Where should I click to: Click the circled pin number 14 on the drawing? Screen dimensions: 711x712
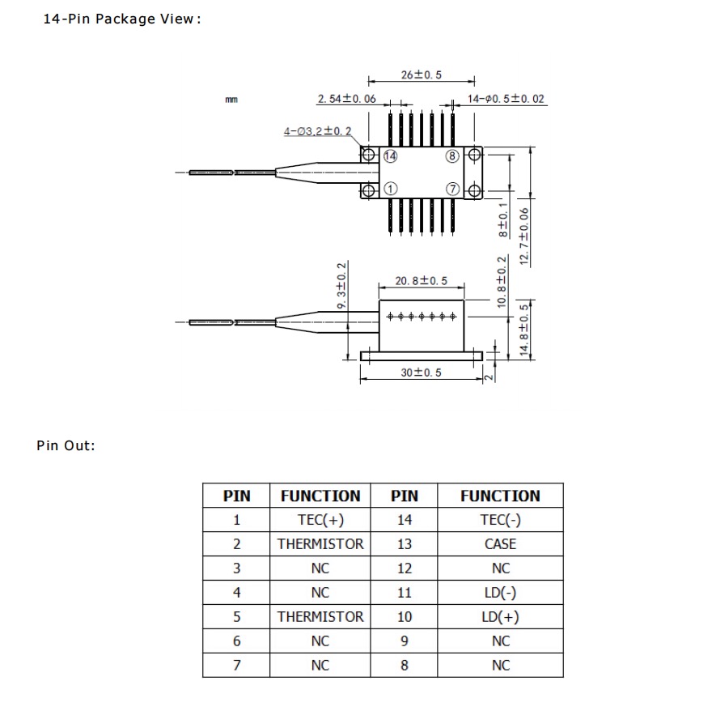click(x=390, y=155)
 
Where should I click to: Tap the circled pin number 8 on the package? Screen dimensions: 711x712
click(x=451, y=155)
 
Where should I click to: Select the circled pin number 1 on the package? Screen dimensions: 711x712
click(x=390, y=189)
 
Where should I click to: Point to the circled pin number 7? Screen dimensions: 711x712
click(x=451, y=189)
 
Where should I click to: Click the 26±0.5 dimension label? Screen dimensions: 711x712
click(x=422, y=75)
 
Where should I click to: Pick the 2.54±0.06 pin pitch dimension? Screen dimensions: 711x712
click(x=346, y=99)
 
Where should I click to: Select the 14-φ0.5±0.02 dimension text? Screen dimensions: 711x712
click(x=506, y=99)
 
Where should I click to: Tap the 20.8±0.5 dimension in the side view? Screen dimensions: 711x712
click(x=421, y=281)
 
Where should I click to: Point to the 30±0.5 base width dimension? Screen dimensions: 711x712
click(x=421, y=373)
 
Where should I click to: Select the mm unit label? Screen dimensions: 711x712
click(x=231, y=100)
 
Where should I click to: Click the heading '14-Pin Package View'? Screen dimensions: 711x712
click(x=121, y=19)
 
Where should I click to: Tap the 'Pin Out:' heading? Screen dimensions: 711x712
click(x=66, y=445)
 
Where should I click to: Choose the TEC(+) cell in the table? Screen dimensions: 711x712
click(x=320, y=520)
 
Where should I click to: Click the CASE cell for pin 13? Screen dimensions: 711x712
click(x=500, y=544)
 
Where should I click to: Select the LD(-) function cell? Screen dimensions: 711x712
click(x=500, y=593)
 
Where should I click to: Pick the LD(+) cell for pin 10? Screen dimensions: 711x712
click(x=500, y=617)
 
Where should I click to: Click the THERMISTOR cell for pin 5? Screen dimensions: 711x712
click(x=320, y=617)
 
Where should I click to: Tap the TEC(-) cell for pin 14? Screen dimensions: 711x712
click(x=500, y=520)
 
